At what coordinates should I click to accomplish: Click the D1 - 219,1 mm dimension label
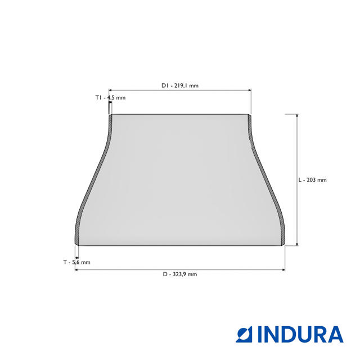point(180,85)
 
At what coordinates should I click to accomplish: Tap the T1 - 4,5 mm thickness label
point(110,97)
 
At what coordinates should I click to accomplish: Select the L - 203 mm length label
point(313,180)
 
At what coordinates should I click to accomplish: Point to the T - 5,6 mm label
point(76,262)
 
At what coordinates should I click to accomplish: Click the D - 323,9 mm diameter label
point(180,274)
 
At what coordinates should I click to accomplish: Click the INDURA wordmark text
point(301,334)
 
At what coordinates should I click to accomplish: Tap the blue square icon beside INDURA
point(244,334)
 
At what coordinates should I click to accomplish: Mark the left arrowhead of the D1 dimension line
point(110,90)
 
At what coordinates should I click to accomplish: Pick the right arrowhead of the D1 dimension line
point(250,90)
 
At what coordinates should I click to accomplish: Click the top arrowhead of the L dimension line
point(297,116)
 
